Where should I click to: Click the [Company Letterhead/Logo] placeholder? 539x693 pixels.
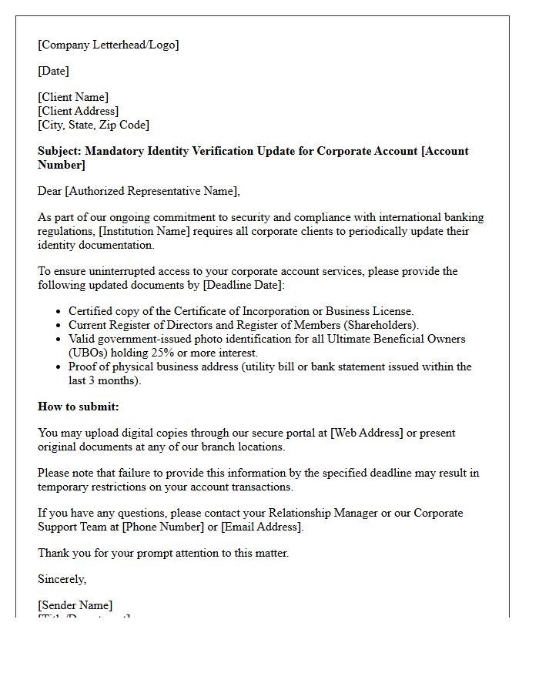point(108,45)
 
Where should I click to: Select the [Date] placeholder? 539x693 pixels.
point(53,71)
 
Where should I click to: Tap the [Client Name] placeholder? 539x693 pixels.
point(73,97)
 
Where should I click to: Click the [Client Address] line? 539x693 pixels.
point(78,111)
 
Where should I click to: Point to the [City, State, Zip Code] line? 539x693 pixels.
point(93,125)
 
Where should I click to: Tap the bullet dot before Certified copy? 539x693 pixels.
point(59,312)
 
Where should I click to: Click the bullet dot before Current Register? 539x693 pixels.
point(59,326)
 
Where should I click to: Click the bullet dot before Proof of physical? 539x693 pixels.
point(59,367)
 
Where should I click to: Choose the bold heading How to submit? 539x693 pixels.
point(79,407)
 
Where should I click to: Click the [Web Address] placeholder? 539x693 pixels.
point(367,433)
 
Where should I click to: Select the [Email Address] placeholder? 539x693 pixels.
point(261,527)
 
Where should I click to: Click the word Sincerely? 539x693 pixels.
point(62,579)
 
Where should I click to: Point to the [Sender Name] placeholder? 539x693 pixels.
point(75,605)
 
